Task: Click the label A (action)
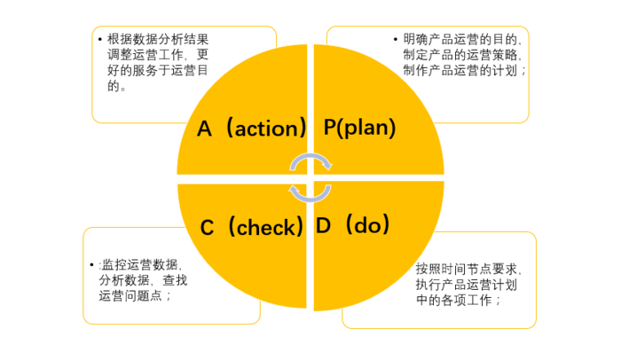(x=251, y=128)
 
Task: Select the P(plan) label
(x=359, y=128)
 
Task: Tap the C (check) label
(x=252, y=227)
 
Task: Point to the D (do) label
(x=352, y=224)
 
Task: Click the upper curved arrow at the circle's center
(x=310, y=155)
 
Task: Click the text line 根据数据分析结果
(x=158, y=39)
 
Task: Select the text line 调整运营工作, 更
(x=158, y=55)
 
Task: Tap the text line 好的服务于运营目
(x=158, y=70)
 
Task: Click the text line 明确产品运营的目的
(x=462, y=39)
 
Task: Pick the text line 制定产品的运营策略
(x=462, y=55)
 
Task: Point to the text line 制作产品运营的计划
(x=465, y=70)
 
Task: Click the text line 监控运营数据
(x=140, y=264)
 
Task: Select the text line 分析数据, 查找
(x=144, y=280)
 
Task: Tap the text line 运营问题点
(x=135, y=295)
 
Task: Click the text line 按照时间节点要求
(x=468, y=269)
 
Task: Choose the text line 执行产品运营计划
(x=467, y=285)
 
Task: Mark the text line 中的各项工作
(x=459, y=300)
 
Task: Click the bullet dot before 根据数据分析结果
(x=99, y=39)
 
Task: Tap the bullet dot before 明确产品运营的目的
(x=396, y=39)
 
